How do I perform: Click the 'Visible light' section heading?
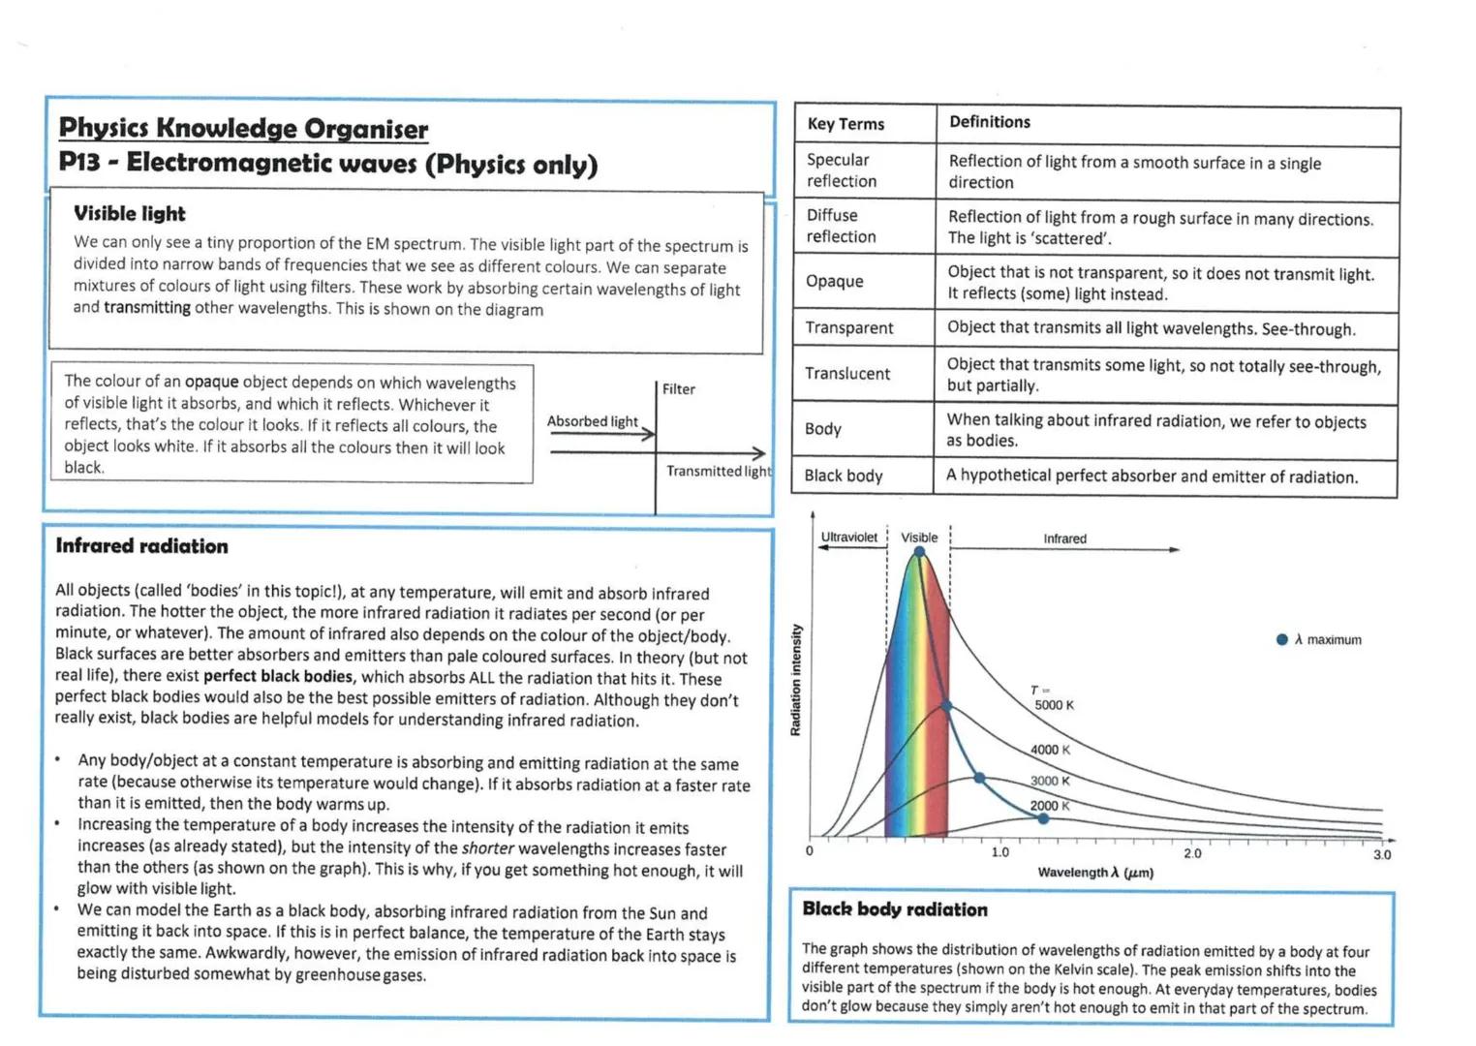130,214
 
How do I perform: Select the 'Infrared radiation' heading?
142,546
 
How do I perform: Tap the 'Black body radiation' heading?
895,909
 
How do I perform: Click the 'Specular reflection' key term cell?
841,170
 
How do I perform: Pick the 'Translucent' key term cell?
847,374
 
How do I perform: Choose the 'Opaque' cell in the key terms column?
834,281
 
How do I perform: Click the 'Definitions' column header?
989,122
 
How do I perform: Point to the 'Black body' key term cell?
844,476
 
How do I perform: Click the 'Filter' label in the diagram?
679,389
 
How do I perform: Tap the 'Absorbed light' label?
592,421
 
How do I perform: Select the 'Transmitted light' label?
718,472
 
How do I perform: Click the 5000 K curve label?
1054,705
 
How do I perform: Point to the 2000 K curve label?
1050,806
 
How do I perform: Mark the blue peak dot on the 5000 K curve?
919,553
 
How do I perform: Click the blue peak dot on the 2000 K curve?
1043,819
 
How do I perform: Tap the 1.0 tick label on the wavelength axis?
999,853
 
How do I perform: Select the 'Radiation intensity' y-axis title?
796,680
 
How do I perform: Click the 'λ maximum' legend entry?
1321,640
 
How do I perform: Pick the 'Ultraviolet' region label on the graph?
848,538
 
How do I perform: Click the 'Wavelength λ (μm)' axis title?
1095,873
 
